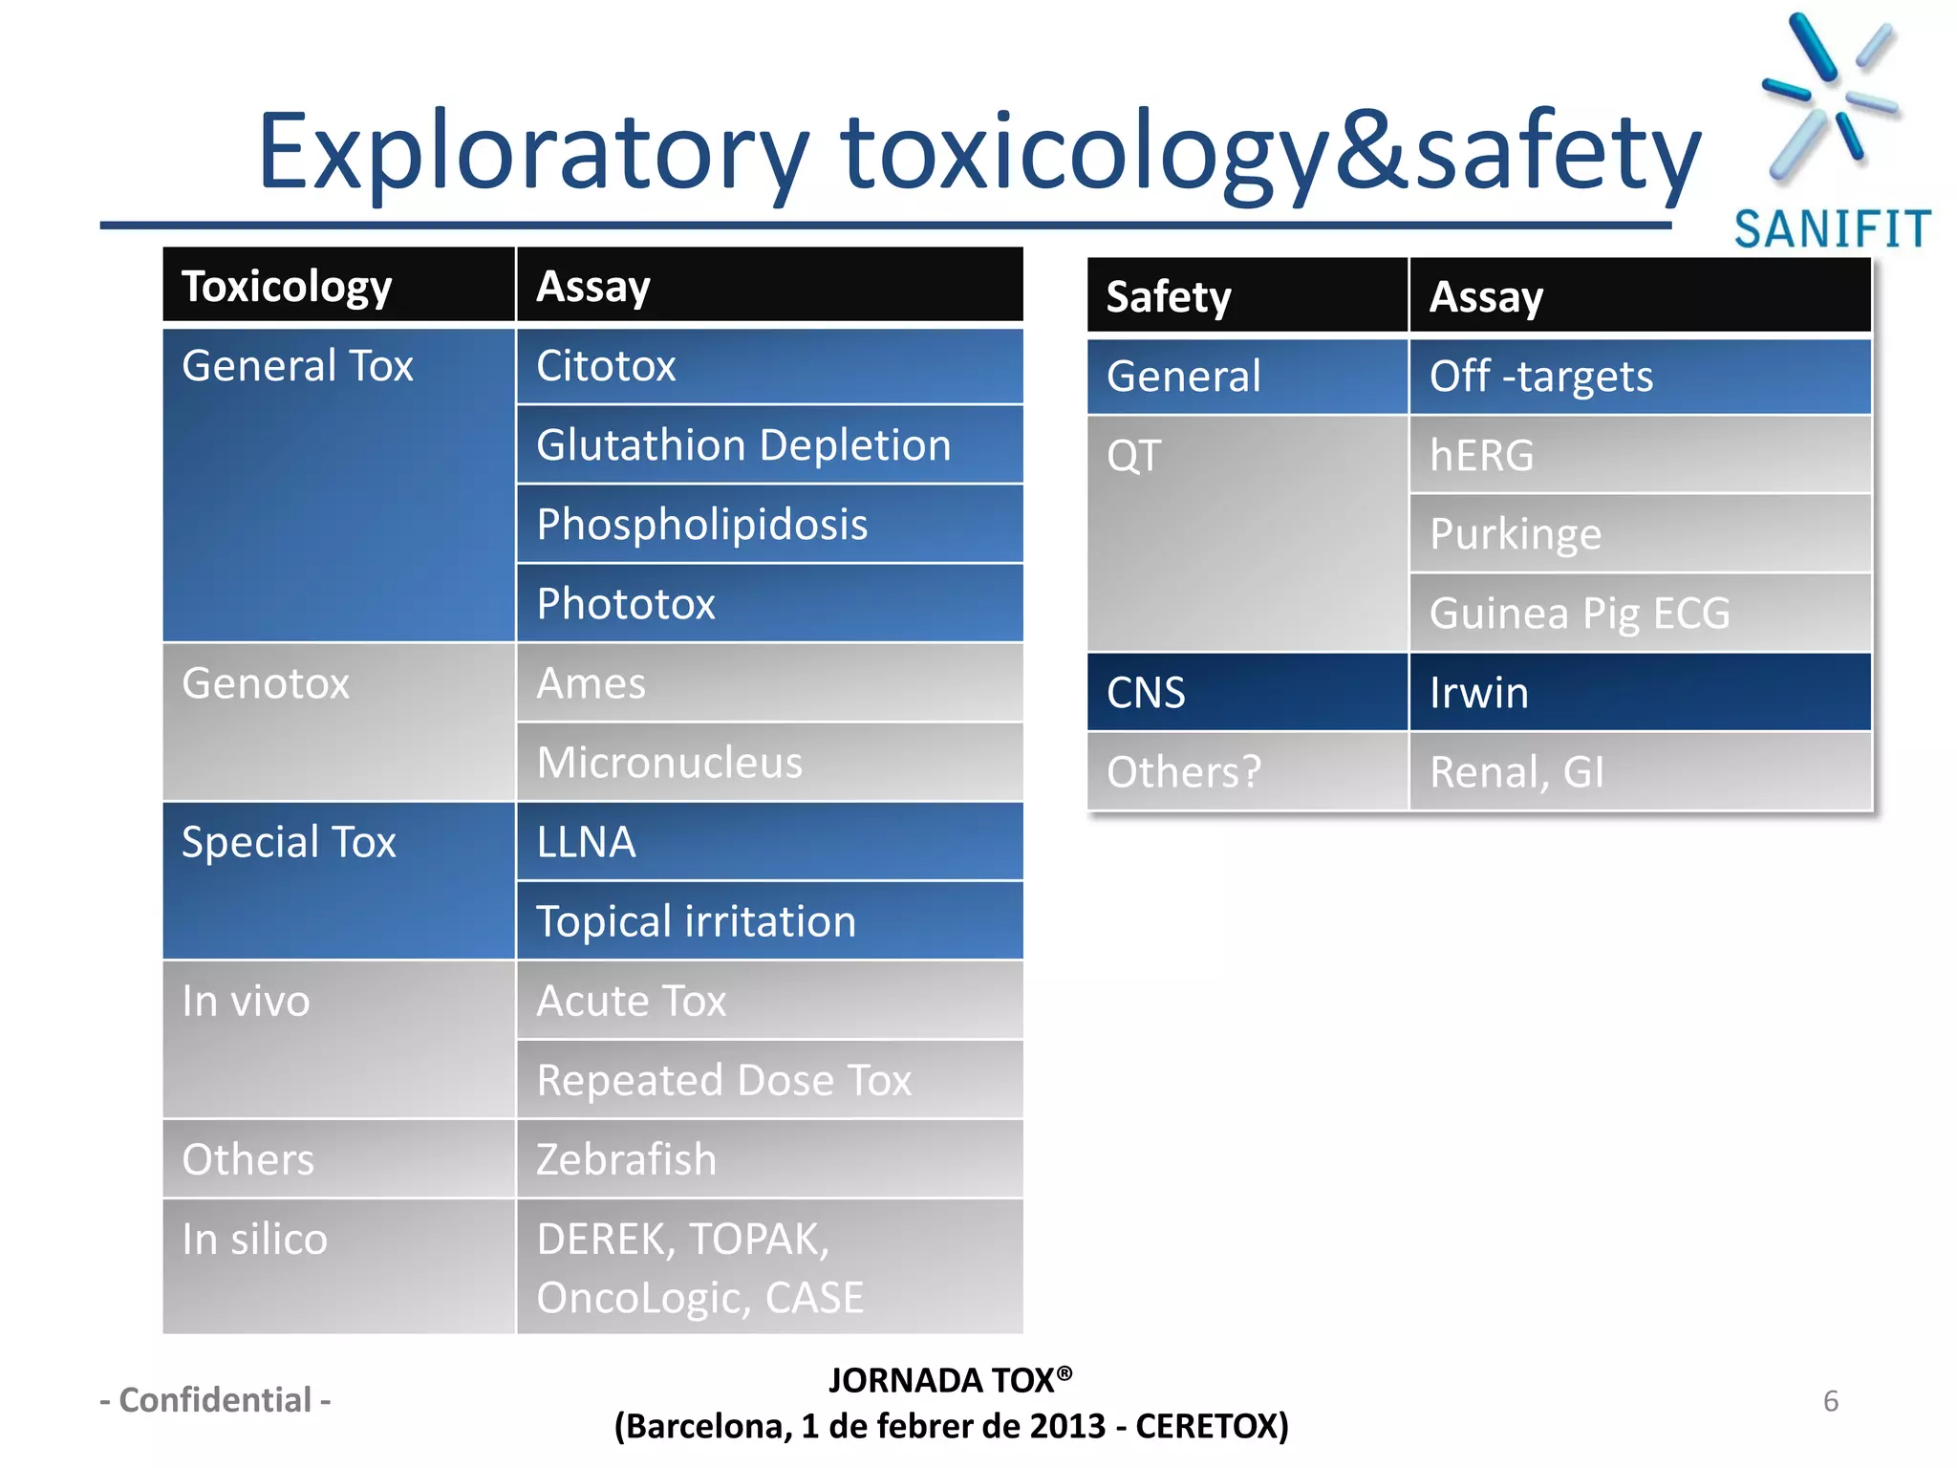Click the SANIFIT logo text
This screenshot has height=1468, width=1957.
pos(1832,229)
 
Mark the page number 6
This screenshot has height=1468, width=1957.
pos(1830,1401)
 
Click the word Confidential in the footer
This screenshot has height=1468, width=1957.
pos(215,1400)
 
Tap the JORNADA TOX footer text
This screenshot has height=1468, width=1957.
pos(949,1380)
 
